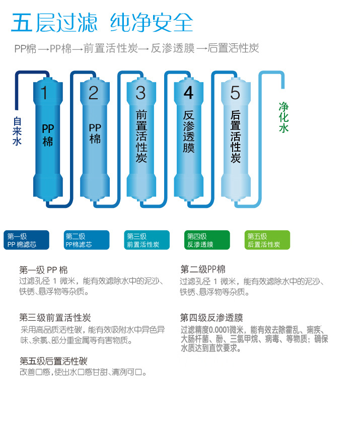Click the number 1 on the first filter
44,94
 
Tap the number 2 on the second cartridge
94,94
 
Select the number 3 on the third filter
141,94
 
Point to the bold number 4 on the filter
188,94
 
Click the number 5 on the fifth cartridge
235,94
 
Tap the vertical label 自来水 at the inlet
17,131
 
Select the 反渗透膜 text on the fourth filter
189,132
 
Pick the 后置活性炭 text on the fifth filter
236,136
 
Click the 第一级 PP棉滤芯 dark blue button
26,240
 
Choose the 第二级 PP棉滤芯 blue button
87,240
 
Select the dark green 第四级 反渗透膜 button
207,240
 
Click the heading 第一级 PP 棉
43,269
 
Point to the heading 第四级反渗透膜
211,318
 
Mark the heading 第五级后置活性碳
53,361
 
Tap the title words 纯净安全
152,23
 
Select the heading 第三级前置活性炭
55,318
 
